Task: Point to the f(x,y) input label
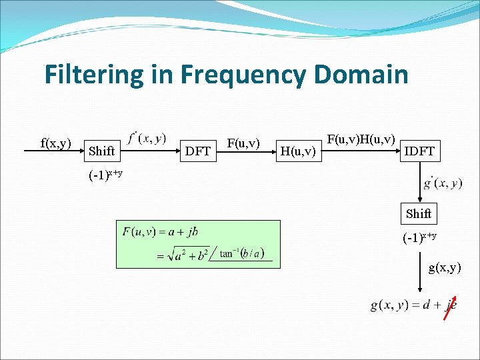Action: click(56, 143)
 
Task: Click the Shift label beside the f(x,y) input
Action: click(101, 151)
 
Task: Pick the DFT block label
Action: click(198, 151)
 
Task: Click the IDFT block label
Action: click(419, 151)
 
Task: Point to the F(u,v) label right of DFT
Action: click(243, 142)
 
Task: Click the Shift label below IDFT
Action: click(419, 213)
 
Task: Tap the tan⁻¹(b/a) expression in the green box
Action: click(241, 253)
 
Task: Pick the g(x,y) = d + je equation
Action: click(413, 305)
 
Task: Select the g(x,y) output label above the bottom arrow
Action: click(444, 267)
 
